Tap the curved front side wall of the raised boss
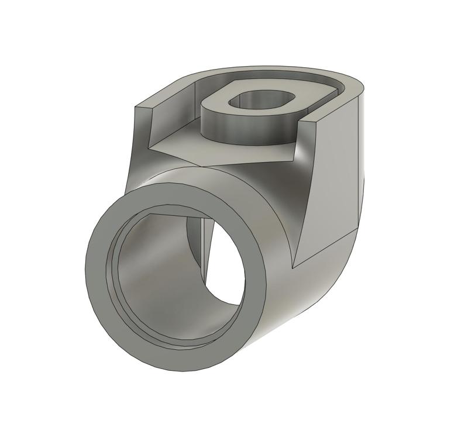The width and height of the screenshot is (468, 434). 234,132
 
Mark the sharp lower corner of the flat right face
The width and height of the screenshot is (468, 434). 292,267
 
